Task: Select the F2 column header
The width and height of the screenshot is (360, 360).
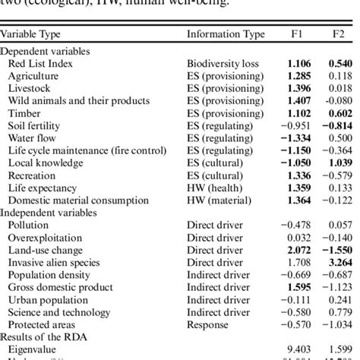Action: point(337,34)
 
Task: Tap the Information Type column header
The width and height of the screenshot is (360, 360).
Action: point(226,34)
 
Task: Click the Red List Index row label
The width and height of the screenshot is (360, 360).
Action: point(40,63)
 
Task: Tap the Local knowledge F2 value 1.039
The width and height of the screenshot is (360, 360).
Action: point(337,163)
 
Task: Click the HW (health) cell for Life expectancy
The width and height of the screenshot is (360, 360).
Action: point(216,188)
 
